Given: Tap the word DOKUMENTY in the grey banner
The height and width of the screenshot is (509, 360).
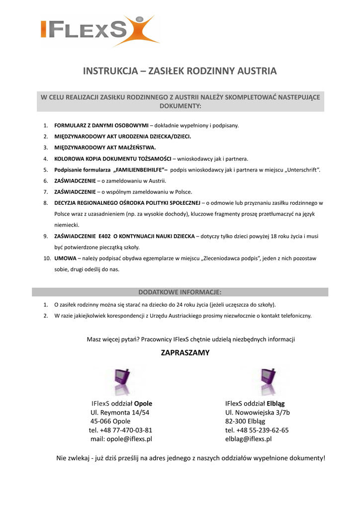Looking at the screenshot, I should click(x=180, y=106).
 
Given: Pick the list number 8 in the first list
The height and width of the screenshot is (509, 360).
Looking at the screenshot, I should click(x=45, y=203).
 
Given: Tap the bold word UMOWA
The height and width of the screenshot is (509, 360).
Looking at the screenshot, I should click(x=65, y=258).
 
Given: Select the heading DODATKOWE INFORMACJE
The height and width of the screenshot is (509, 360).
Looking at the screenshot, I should click(x=180, y=292).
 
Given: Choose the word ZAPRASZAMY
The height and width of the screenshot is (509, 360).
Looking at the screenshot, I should click(x=184, y=353).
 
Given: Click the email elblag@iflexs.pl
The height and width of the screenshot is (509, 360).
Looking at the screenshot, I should click(x=249, y=439).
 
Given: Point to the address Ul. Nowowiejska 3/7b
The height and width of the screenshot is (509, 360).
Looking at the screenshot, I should click(x=257, y=413).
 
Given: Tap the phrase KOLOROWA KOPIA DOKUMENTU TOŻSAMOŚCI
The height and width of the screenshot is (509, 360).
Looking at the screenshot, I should click(x=112, y=159).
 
